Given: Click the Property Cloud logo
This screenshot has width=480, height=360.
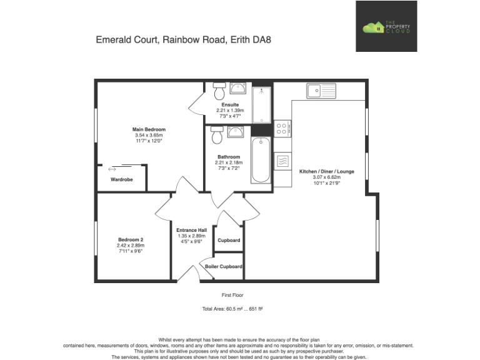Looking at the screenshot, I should pos(386,26).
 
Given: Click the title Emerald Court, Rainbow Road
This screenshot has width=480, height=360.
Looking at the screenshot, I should pos(183,39).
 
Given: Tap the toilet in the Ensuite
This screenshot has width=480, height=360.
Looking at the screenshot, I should pos(219,92).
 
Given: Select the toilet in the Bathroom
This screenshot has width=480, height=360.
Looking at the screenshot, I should pos(217,134).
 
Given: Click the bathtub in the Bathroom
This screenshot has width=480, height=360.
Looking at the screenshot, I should pos(261,159).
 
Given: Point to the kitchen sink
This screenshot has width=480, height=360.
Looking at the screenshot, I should pos(321,91).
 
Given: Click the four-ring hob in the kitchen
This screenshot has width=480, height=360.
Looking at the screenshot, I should pos(282,128).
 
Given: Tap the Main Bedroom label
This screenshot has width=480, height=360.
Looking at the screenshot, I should pos(149,129).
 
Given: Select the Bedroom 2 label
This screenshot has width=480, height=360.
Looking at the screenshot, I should pos(131,239).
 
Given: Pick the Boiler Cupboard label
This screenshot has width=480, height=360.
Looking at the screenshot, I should pos(224,267).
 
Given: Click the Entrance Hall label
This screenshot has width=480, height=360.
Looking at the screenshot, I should pos(192,229).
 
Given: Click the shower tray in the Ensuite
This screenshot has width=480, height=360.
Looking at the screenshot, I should pos(262,104).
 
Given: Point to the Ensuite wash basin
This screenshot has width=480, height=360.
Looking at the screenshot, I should pos(236,88).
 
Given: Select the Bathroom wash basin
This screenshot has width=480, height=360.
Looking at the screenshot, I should pos(236,131).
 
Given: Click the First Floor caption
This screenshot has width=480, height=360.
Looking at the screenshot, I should pos(232,294).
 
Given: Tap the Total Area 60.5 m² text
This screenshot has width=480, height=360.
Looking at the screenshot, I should pos(232,309).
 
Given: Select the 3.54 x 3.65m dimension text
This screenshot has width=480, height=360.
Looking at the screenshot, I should pos(149,135).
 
